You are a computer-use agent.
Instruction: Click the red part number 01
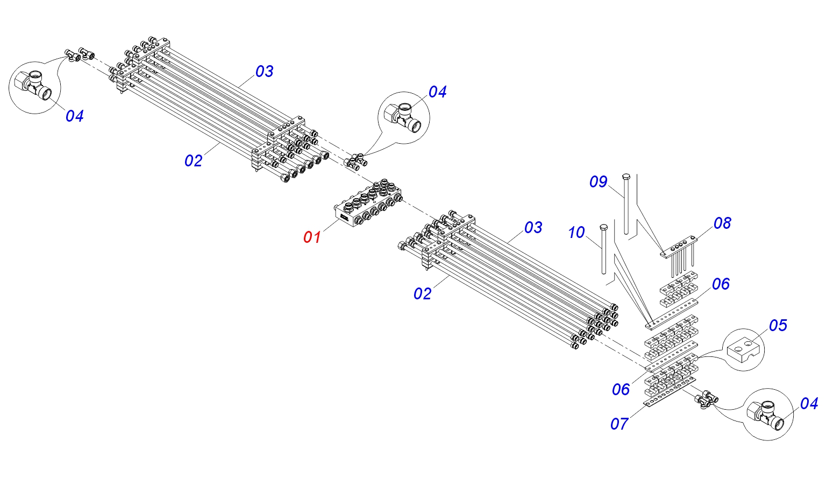pyautogui.click(x=312, y=237)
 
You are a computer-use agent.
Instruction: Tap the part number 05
pyautogui.click(x=778, y=326)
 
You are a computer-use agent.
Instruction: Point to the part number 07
pyautogui.click(x=619, y=424)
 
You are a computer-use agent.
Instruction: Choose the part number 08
pyautogui.click(x=722, y=223)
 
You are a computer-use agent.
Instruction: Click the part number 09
pyautogui.click(x=598, y=182)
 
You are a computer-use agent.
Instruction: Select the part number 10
pyautogui.click(x=576, y=233)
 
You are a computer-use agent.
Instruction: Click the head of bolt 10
pyautogui.click(x=603, y=227)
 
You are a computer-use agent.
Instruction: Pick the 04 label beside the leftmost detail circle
pyautogui.click(x=75, y=116)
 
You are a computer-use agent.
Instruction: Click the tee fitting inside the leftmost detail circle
pyautogui.click(x=33, y=85)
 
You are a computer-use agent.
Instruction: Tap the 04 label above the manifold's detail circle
pyautogui.click(x=437, y=92)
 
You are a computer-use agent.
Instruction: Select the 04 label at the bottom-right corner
pyautogui.click(x=809, y=404)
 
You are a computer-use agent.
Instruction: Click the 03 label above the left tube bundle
pyautogui.click(x=264, y=72)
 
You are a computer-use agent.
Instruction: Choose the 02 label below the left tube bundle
pyautogui.click(x=194, y=161)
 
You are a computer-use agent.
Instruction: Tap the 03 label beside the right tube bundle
pyautogui.click(x=533, y=228)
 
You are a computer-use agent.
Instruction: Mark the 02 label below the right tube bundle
pyautogui.click(x=423, y=294)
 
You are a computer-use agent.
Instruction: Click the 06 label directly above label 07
pyautogui.click(x=621, y=390)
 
